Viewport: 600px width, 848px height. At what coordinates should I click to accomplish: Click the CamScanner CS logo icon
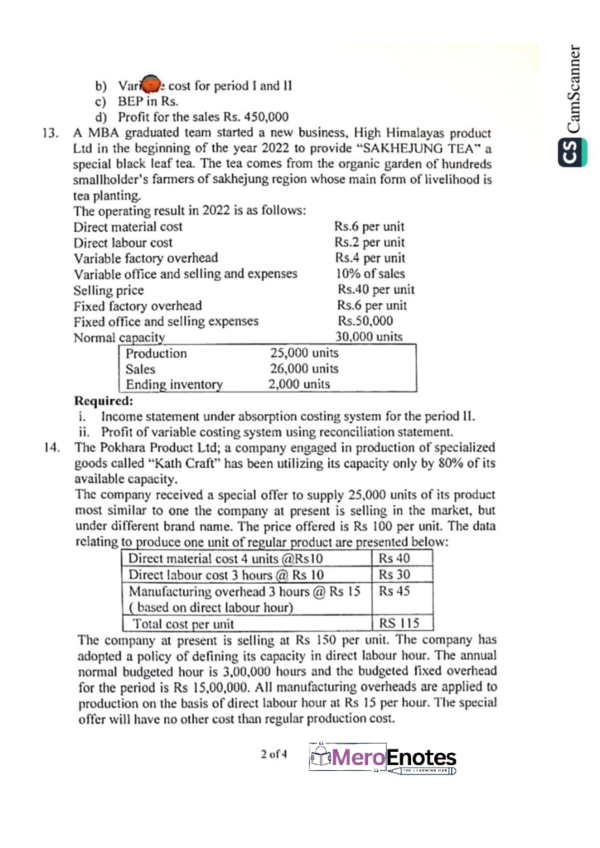569,153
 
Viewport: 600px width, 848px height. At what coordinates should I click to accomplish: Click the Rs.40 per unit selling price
375,290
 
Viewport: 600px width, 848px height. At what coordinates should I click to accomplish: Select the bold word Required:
103,401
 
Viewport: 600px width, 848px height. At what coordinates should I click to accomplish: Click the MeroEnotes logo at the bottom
383,758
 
